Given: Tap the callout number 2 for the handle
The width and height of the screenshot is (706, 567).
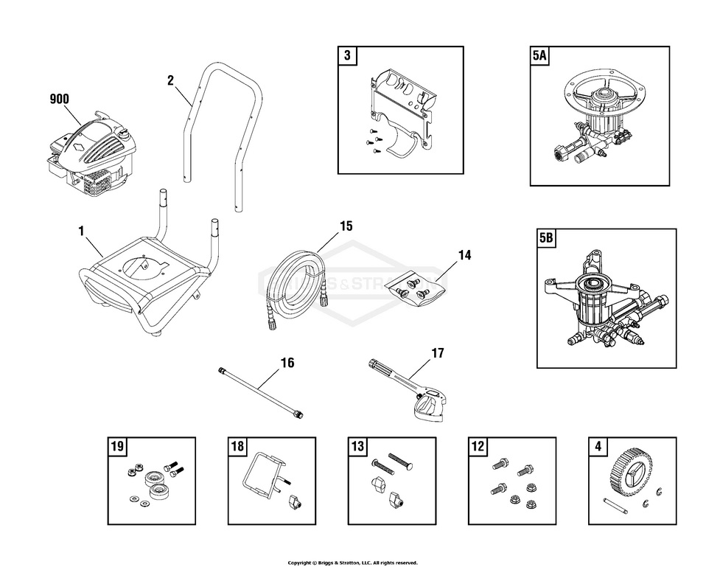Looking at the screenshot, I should point(170,80).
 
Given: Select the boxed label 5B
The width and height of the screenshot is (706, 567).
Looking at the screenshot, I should point(547,238).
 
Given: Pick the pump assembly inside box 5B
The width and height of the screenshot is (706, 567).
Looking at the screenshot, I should point(604,302).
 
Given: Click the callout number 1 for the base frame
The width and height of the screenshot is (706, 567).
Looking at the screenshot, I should point(82,231).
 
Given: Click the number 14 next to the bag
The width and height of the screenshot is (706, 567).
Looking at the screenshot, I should point(464,255).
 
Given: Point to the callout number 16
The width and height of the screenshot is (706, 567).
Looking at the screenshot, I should point(287,362).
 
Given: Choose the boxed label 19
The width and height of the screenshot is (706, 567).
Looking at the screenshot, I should point(116,446).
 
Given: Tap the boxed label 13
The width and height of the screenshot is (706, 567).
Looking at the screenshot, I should point(357,446).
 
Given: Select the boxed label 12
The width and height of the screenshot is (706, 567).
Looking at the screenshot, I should point(478,446).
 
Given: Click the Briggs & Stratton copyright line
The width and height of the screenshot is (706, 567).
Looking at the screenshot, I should point(352,563).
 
